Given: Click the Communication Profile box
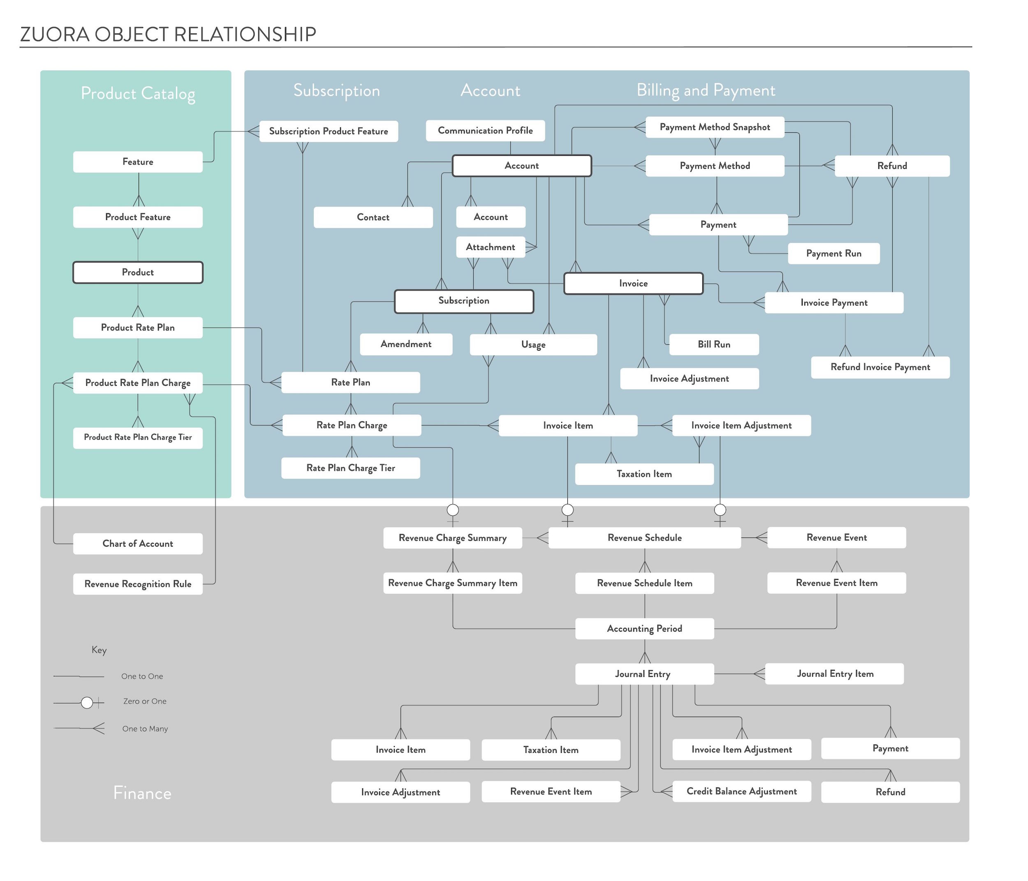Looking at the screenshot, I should (x=485, y=130).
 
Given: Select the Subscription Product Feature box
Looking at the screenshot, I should (x=329, y=131).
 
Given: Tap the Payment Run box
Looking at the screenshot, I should (x=833, y=254).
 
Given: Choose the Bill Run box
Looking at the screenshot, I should (x=713, y=344).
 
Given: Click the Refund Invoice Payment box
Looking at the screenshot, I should (x=880, y=367).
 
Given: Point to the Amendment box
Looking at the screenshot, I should (x=406, y=344).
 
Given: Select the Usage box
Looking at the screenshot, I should (x=533, y=345).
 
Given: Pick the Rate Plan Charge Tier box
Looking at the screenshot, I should (x=350, y=468).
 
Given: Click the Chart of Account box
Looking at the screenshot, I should (x=137, y=543).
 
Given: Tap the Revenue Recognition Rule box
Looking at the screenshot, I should (x=137, y=584).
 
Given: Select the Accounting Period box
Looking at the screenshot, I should (x=644, y=629).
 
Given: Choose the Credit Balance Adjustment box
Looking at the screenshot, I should (x=741, y=791).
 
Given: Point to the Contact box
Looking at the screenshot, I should (x=373, y=217).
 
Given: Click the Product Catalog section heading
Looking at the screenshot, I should (x=138, y=93).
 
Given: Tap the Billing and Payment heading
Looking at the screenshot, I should (x=706, y=90).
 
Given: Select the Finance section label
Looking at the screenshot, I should (x=142, y=793).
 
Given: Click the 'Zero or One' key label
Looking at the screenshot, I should (x=144, y=701).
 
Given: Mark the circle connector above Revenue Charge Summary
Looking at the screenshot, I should (x=452, y=510).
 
